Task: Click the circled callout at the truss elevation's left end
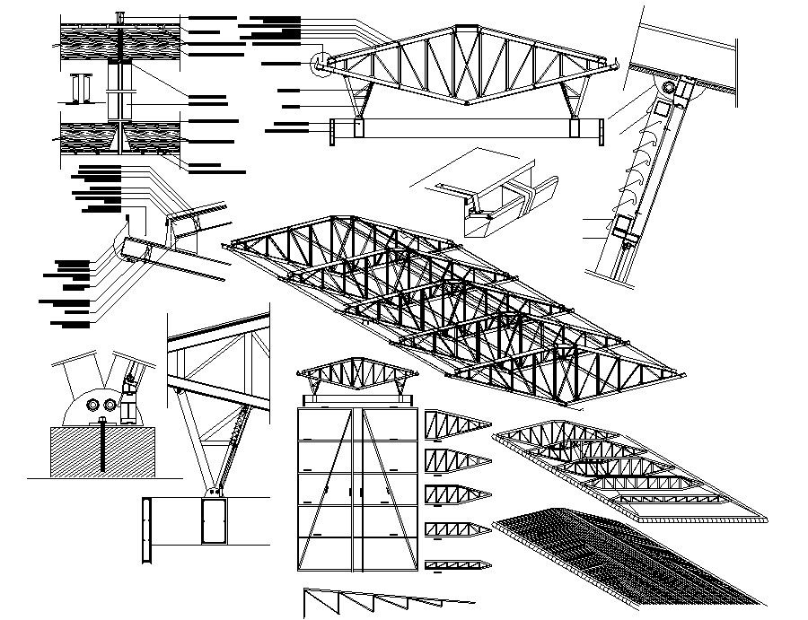tap(321, 64)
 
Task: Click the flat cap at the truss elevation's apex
tap(467, 30)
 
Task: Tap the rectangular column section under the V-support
tap(214, 522)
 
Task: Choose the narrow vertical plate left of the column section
tap(145, 530)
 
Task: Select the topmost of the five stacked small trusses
tap(456, 423)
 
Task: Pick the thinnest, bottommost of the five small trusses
tap(456, 565)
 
